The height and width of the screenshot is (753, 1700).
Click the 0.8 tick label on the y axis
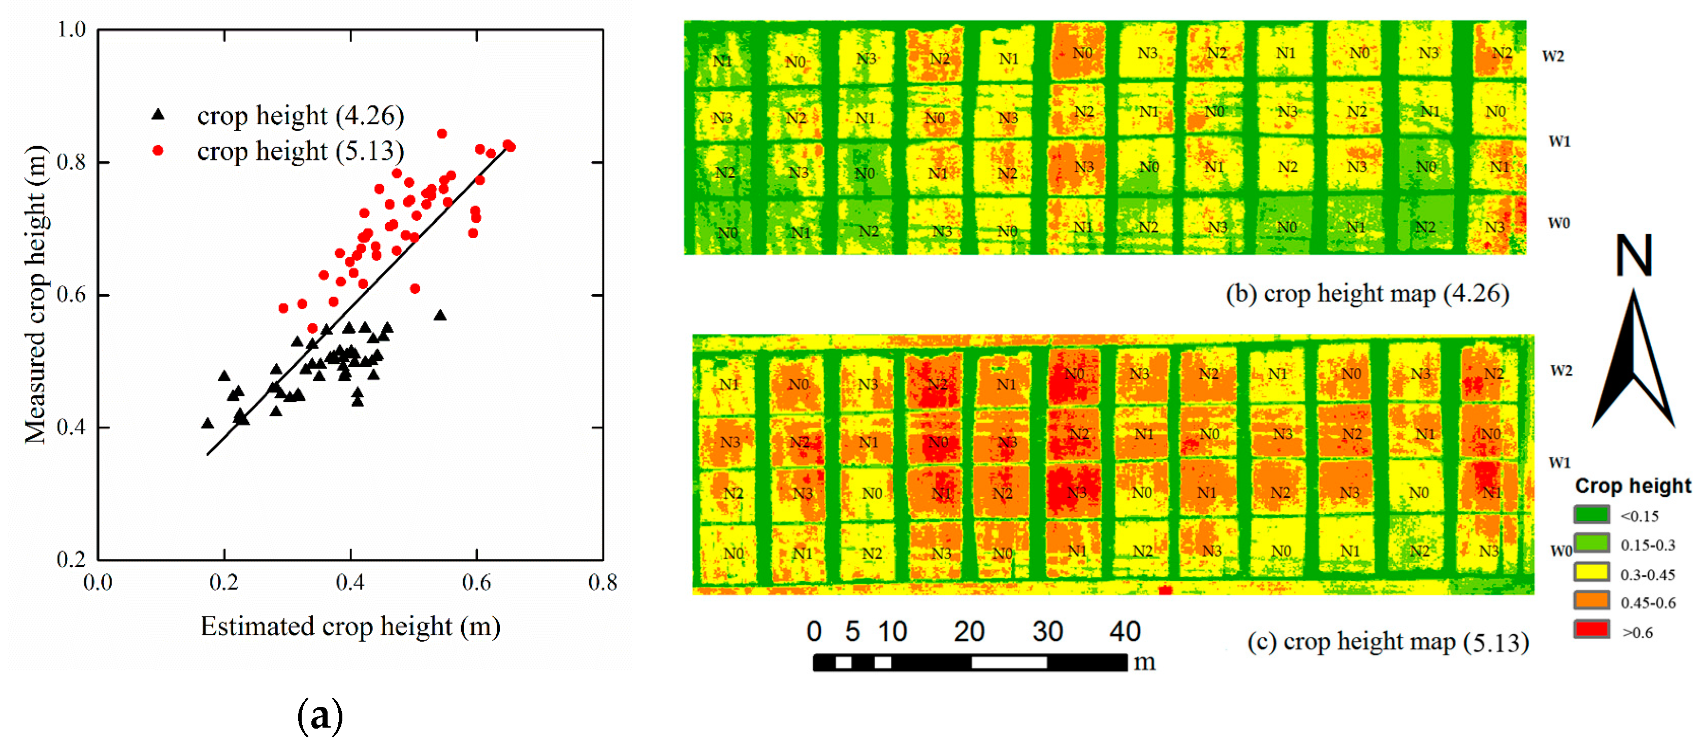tap(71, 162)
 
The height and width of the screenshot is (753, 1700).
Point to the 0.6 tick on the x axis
tap(476, 581)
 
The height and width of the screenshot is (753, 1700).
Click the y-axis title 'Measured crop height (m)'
tap(36, 294)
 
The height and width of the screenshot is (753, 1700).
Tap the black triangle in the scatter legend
tap(158, 115)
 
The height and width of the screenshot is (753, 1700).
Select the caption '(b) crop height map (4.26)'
tap(1367, 293)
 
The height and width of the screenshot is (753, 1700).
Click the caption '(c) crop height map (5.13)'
tap(1388, 641)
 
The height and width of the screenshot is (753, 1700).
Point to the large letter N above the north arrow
tap(1633, 256)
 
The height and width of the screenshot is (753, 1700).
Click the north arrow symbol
tap(1633, 359)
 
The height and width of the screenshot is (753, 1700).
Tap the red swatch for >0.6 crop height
tap(1591, 629)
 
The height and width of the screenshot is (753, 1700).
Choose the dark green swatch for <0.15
tap(1591, 514)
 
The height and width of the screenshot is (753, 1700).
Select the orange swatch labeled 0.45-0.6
tap(1591, 600)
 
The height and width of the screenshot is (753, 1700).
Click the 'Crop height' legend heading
tap(1632, 486)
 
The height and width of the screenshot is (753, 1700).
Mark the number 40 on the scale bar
tap(1125, 632)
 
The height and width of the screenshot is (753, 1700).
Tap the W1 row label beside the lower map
tap(1560, 463)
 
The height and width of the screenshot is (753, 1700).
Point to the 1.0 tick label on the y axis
tap(71, 29)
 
